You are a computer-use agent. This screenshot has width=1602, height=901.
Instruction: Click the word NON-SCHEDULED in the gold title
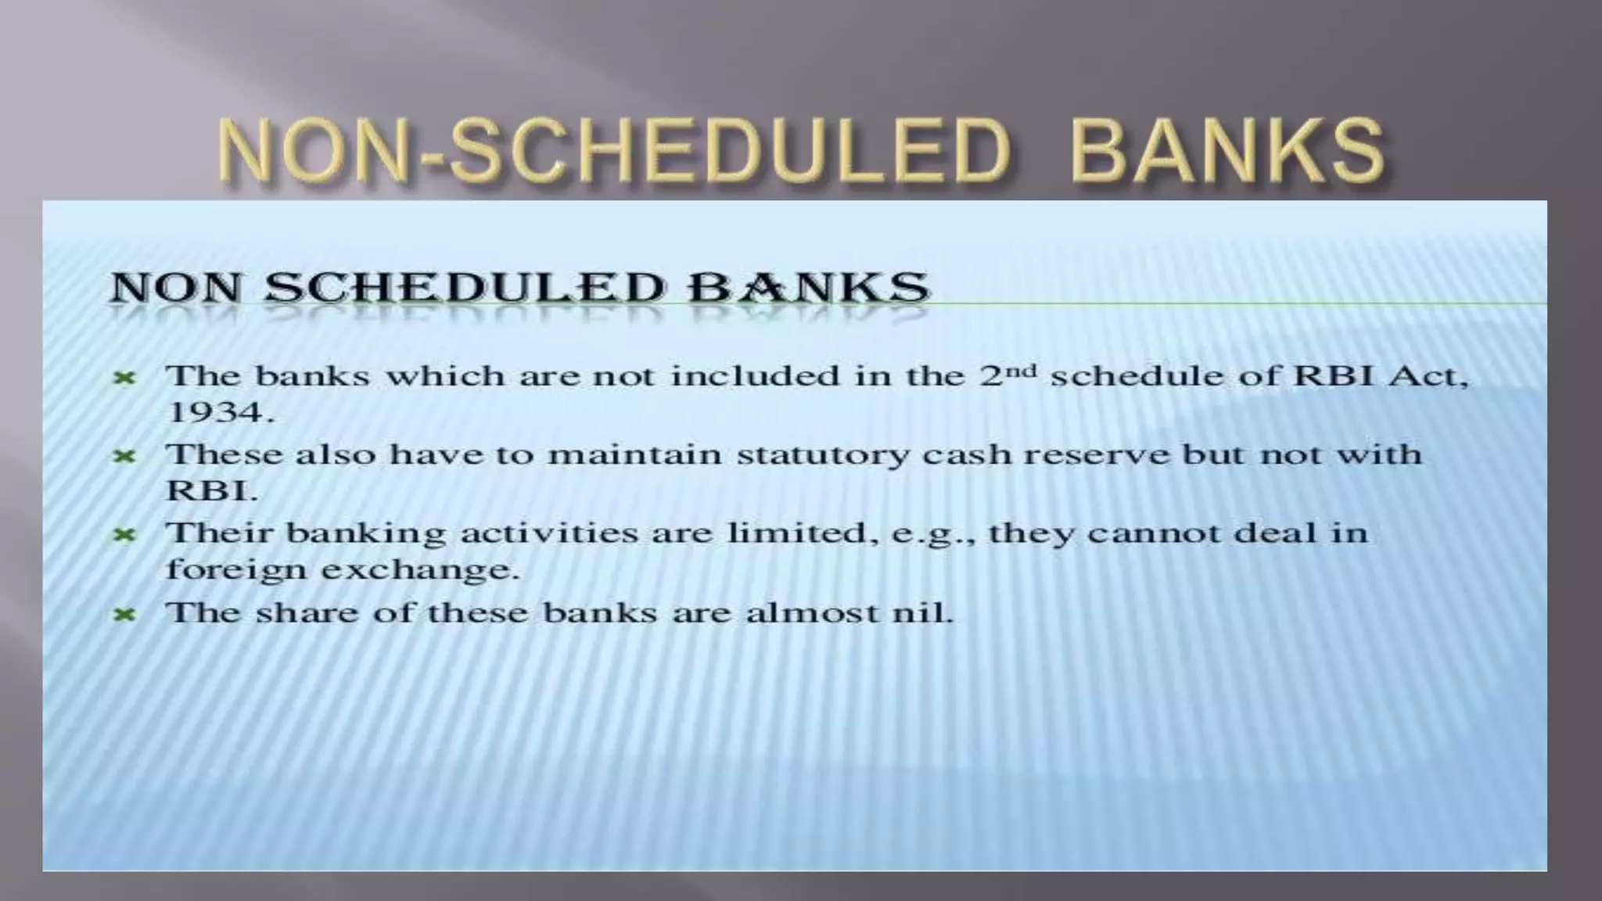coord(614,150)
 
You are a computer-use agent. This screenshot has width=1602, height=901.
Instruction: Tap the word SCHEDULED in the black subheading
coord(465,287)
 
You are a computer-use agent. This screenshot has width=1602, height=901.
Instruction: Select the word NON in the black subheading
coord(176,287)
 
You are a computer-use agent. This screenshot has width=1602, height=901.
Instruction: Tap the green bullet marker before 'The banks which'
coord(124,379)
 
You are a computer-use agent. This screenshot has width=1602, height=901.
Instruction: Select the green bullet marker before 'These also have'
coord(124,456)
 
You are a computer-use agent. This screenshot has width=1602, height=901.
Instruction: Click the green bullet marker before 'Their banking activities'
coord(124,535)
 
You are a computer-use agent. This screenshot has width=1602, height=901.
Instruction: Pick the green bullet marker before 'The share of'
coord(124,615)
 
